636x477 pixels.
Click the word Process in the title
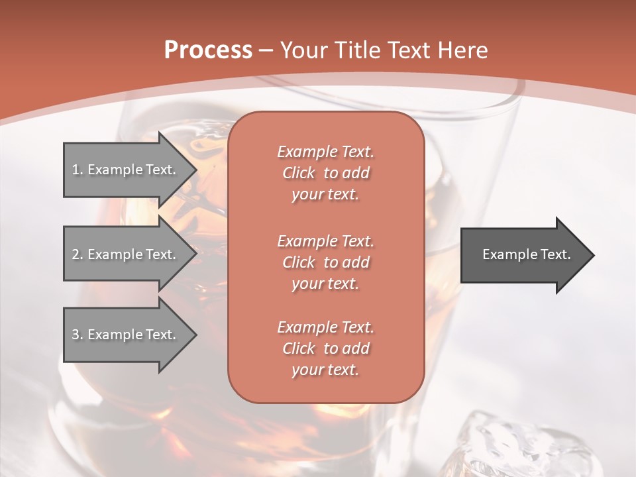[x=208, y=50]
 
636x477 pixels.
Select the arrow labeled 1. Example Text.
[x=126, y=170]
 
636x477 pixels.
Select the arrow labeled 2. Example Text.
[x=126, y=254]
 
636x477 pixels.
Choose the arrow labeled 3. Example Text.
[x=126, y=335]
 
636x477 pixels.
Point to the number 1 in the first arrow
[x=76, y=170]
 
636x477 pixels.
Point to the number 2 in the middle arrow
[x=76, y=254]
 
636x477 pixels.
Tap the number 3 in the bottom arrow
[x=76, y=335]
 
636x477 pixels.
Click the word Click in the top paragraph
[x=298, y=173]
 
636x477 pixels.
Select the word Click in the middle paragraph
[x=298, y=262]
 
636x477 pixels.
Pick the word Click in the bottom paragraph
[x=298, y=348]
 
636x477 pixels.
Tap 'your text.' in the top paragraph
[x=325, y=195]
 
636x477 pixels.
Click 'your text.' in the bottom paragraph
[x=325, y=370]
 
